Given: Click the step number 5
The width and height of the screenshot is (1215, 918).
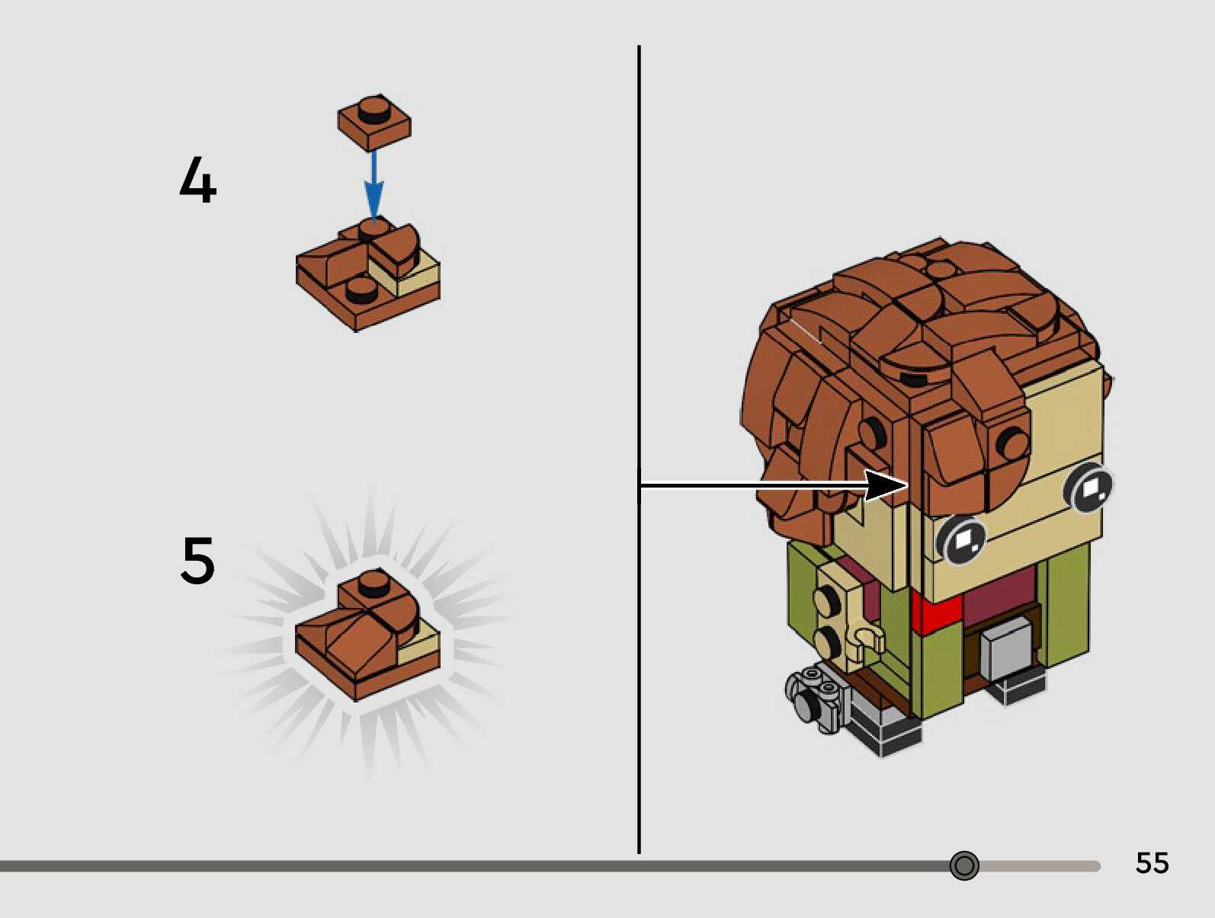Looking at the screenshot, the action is (197, 560).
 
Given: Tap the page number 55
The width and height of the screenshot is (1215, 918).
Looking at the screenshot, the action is (1152, 862).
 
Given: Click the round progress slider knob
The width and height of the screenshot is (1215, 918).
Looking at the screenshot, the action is (964, 865).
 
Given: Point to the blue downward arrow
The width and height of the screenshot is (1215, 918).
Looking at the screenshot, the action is (373, 187).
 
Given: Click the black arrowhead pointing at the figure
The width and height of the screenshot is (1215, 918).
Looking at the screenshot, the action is (886, 485).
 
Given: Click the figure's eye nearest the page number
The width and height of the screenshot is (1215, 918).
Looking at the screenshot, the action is (1091, 486).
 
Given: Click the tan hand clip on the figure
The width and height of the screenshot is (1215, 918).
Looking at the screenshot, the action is (868, 638).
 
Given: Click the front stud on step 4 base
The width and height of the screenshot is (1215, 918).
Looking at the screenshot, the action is (361, 289).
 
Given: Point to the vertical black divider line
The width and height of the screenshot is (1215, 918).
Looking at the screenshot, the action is (639, 305).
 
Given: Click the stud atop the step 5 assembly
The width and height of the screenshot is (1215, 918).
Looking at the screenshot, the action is (373, 581).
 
